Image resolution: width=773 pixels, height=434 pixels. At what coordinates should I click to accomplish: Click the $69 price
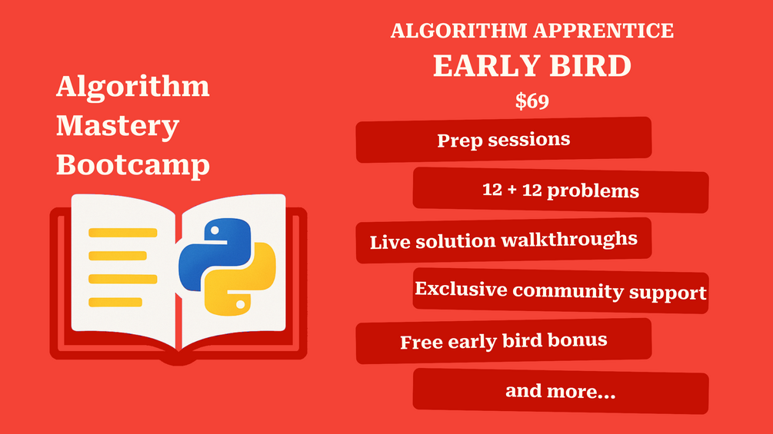pos(532,101)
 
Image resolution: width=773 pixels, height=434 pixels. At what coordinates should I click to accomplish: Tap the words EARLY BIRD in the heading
pos(532,65)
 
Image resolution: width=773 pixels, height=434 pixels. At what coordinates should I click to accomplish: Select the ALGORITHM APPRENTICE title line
pos(532,31)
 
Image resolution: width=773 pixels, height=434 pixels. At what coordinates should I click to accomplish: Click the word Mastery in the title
pos(118,127)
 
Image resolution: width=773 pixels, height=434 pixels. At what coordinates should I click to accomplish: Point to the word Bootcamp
pos(133,165)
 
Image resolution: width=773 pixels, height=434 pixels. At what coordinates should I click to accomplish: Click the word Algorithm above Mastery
pos(133,87)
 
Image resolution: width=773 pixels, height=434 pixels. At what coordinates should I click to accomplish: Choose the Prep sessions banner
pos(503,140)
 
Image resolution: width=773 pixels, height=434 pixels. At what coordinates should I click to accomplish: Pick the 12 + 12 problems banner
pos(561,190)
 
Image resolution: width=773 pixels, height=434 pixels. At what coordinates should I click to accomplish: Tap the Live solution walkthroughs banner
pos(503,240)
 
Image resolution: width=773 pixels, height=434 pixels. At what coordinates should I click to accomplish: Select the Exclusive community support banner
pos(561,290)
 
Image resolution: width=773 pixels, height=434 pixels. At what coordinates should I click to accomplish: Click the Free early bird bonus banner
pos(503,341)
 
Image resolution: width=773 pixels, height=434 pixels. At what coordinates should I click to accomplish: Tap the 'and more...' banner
pos(561,391)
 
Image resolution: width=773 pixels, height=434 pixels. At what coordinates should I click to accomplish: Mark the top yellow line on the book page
pos(123,233)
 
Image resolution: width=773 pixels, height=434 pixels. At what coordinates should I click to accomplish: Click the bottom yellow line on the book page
pos(115,302)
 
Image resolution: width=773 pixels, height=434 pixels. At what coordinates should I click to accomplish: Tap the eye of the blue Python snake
pos(215,230)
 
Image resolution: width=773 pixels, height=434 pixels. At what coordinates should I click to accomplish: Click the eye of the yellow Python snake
pos(240,305)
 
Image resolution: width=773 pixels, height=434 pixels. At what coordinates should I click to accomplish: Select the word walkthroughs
pos(569,240)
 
